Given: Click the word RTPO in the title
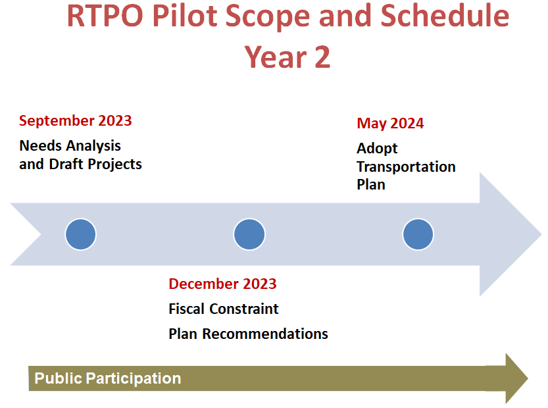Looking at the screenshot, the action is pos(105,16).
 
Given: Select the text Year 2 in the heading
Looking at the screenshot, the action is pos(287,57).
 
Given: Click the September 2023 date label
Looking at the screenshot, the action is pos(76,120).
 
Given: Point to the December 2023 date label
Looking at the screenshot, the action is pos(222,284).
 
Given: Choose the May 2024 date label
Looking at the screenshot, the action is pos(390,124).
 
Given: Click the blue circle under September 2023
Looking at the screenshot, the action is pos(80,234).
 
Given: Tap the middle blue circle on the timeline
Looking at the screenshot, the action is pos(249,234).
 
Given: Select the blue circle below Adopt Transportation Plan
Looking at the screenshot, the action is pos(418,234).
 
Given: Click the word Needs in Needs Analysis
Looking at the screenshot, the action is pos(41,146).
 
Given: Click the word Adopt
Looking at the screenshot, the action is pos(377,149).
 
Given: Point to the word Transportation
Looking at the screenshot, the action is pos(406,166).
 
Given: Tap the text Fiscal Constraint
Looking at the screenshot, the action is pos(224,309).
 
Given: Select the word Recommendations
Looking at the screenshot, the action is pos(265,334).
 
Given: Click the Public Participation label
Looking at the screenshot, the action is pos(108,378).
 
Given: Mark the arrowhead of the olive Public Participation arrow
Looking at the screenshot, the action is pos(516,378).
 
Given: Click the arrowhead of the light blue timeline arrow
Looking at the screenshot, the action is pos(511,234).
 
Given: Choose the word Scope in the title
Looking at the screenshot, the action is pos(267,18).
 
